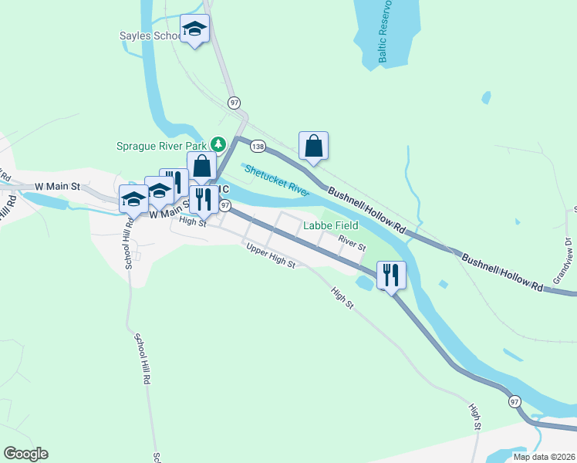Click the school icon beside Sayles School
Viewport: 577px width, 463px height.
click(194, 29)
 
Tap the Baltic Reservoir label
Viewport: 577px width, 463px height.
click(383, 32)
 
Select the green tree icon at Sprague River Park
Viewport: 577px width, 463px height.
click(218, 144)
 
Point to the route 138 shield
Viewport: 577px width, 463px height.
click(258, 147)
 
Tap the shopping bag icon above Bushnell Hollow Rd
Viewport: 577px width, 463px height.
click(314, 145)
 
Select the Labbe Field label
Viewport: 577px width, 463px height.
click(330, 225)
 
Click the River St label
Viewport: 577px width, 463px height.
click(351, 243)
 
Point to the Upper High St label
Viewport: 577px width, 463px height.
click(271, 258)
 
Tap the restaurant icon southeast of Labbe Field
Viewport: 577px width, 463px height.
click(390, 274)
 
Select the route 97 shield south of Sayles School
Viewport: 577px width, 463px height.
click(235, 103)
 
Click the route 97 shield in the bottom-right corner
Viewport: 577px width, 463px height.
click(515, 401)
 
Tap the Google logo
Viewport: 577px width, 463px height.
click(25, 454)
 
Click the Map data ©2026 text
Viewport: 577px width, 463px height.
click(543, 457)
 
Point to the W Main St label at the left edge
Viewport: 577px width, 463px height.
click(58, 187)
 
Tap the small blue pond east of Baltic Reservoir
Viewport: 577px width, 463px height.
click(485, 97)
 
